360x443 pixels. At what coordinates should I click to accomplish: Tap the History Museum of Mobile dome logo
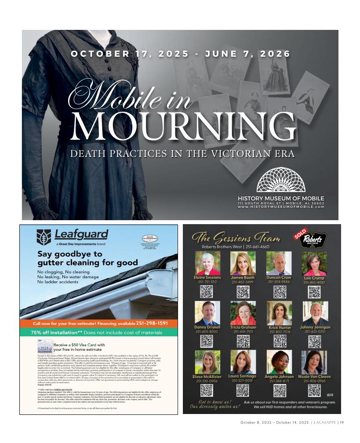click(x=280, y=180)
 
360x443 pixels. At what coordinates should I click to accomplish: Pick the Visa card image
click(x=46, y=347)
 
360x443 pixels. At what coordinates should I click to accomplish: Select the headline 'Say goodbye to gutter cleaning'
click(x=87, y=258)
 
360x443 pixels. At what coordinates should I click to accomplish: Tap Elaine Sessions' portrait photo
click(x=207, y=263)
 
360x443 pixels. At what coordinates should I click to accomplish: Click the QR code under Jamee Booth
click(x=243, y=292)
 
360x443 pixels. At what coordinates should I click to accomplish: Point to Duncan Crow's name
click(x=279, y=278)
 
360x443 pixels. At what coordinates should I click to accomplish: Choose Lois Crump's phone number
click(x=314, y=283)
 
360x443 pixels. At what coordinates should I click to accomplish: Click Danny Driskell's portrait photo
click(x=207, y=313)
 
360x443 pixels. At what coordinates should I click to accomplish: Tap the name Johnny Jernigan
click(x=315, y=327)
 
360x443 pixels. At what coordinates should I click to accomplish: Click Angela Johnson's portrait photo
click(x=279, y=362)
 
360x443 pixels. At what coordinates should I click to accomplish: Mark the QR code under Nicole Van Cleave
click(x=315, y=390)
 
